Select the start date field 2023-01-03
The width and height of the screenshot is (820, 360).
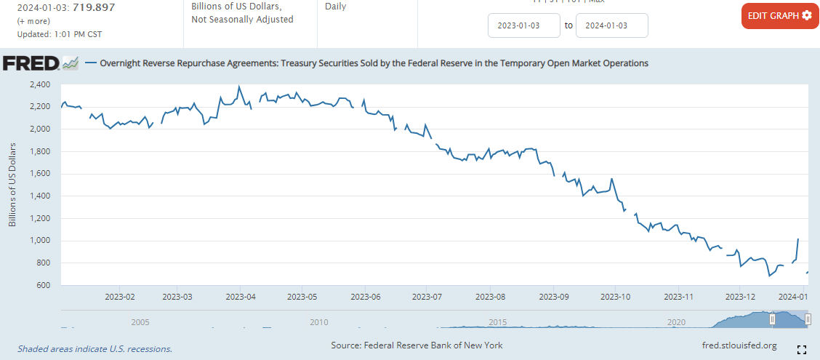click(x=523, y=25)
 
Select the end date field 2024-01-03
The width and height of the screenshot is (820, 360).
click(x=611, y=25)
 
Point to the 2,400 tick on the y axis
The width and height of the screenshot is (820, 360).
click(x=40, y=85)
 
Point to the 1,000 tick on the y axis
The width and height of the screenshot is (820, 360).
click(x=40, y=241)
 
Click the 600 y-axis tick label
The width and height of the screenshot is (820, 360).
click(x=44, y=285)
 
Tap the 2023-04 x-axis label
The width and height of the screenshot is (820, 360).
click(x=239, y=297)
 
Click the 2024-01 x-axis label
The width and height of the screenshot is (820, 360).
click(x=795, y=297)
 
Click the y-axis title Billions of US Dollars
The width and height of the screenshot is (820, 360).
click(x=12, y=185)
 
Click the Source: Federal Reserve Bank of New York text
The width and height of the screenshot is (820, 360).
click(x=417, y=345)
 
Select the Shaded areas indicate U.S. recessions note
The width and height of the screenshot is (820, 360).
click(x=95, y=349)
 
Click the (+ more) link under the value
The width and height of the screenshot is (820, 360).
click(x=33, y=21)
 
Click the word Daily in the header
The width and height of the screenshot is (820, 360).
click(x=335, y=7)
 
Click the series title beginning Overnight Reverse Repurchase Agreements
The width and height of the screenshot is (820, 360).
click(x=374, y=63)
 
